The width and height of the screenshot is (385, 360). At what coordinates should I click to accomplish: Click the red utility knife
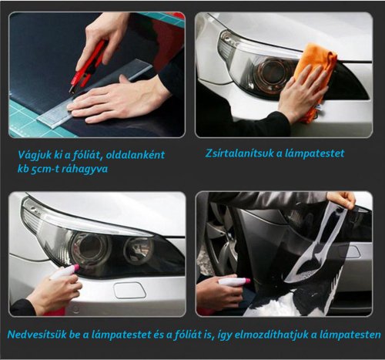[87, 66]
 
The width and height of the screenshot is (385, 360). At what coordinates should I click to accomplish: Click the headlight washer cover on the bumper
[130, 291]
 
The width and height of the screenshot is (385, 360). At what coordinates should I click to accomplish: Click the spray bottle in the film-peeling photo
[234, 281]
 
